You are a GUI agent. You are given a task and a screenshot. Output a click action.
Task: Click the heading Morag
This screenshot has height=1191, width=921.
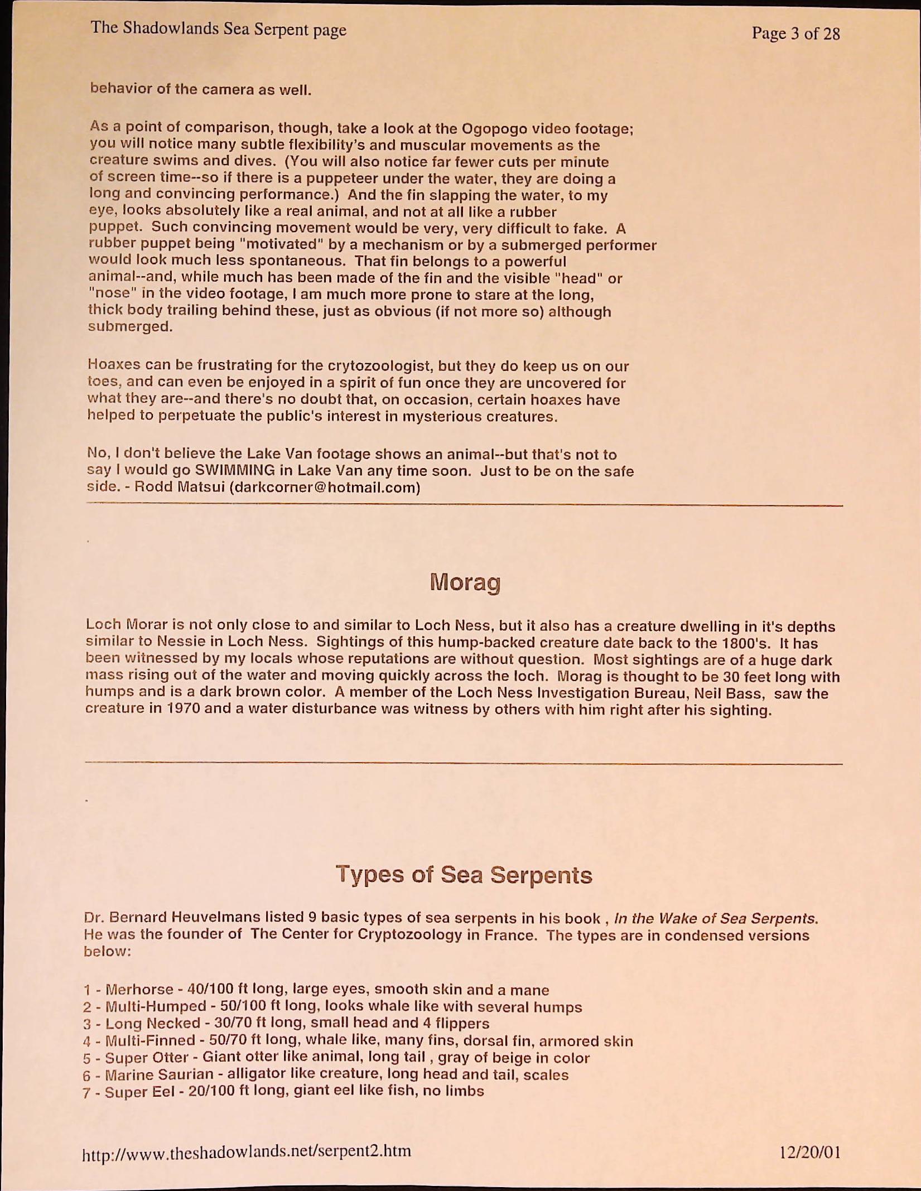pos(465,583)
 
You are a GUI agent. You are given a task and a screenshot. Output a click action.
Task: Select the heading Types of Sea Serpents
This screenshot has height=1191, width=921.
pos(464,875)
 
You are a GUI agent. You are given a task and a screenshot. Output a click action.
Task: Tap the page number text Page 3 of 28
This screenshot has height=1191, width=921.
pos(795,33)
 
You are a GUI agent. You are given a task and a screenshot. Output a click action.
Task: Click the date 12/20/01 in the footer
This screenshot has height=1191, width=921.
pos(809,1152)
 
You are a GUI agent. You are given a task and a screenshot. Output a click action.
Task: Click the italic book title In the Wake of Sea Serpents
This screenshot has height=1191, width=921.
pos(716,918)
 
